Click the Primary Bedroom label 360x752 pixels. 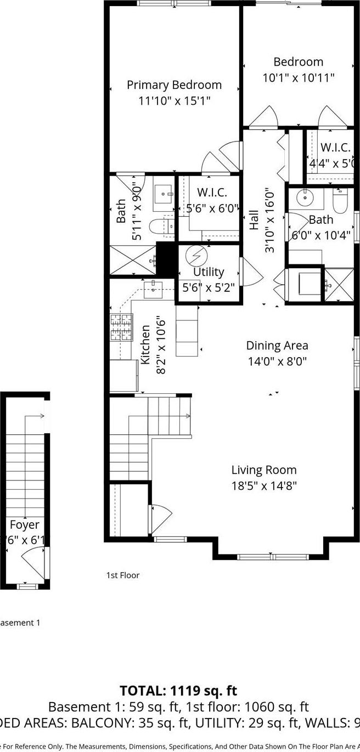tap(174, 85)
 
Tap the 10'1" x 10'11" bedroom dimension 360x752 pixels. tap(298, 78)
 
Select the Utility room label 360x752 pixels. tap(209, 272)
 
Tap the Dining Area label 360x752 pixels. tap(277, 346)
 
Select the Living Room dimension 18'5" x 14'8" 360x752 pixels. tap(263, 485)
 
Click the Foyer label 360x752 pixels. tap(24, 525)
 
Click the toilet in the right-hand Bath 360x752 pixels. tap(340, 202)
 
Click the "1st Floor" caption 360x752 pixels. tap(122, 575)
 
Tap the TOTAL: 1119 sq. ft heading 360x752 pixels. tap(178, 691)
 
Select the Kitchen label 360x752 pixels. tap(146, 344)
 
